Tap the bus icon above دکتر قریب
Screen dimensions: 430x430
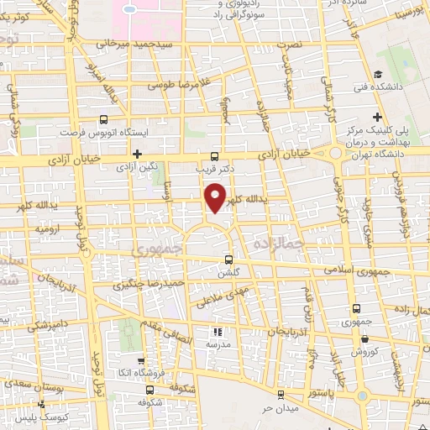(214, 155)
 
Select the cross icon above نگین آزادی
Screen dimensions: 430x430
(137, 154)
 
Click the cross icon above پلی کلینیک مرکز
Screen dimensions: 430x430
(377, 116)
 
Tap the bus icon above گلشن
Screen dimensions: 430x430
(230, 260)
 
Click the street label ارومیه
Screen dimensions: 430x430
(47, 227)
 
